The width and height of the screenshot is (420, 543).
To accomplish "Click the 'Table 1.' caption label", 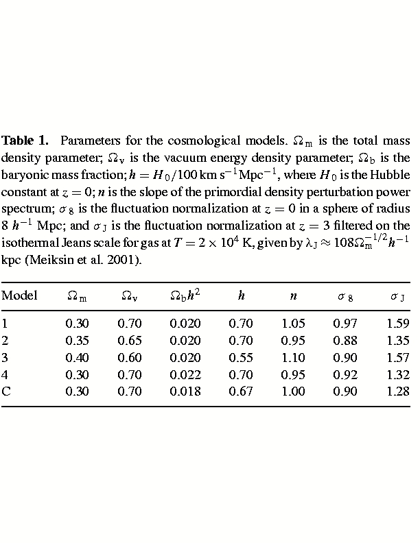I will [25, 141].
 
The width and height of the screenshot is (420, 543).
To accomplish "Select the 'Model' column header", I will [19, 296].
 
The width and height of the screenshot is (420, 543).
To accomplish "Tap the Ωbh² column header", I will [185, 295].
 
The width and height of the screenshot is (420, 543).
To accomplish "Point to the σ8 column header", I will [345, 296].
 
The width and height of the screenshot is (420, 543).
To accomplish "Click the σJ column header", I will [397, 296].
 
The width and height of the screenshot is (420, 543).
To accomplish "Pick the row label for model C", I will [6, 391].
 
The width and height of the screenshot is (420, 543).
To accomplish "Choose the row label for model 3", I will [5, 357].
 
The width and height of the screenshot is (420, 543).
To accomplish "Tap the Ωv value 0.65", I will [130, 340].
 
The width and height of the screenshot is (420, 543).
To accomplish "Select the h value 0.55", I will [241, 357].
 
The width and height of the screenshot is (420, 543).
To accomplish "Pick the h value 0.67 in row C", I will [241, 391].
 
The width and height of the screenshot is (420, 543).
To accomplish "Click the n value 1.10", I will [293, 357].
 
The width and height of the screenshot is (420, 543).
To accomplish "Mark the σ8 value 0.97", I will [345, 323].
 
